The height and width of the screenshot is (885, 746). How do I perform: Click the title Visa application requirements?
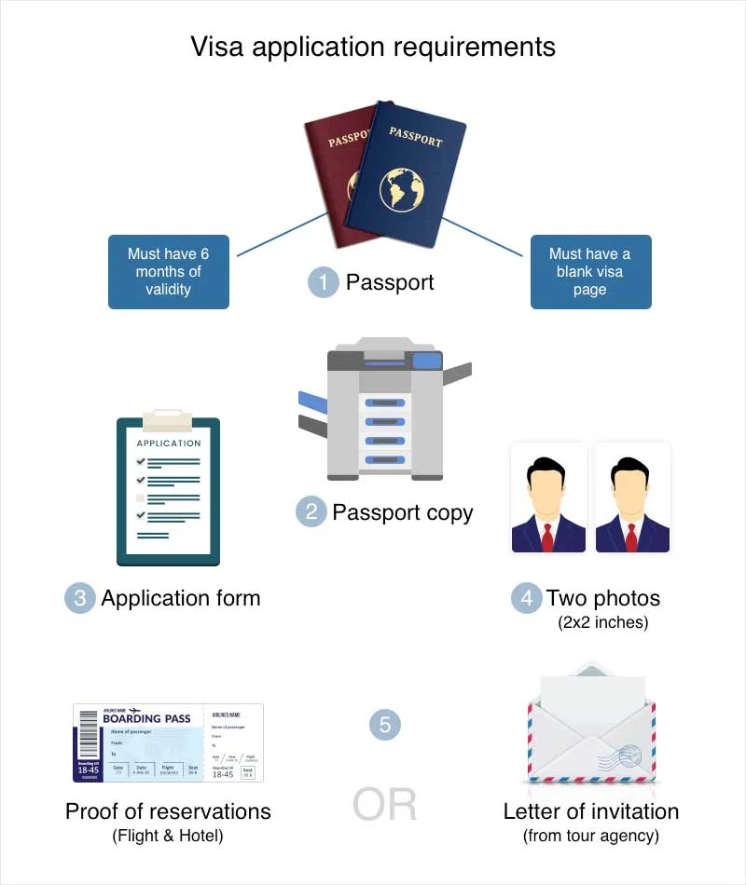point(373,47)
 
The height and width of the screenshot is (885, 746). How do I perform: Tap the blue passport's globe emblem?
point(402,188)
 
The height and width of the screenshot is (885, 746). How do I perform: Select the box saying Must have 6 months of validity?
point(169,272)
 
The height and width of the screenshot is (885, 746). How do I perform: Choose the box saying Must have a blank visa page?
point(590,272)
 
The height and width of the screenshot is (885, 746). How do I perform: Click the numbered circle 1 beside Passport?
point(323,282)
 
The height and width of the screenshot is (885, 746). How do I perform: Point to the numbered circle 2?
point(311,511)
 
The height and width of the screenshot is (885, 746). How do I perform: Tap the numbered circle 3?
point(79,598)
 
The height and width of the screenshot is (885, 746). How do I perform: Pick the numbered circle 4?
point(526,598)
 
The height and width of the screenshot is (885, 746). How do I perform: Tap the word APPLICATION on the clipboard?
point(168,443)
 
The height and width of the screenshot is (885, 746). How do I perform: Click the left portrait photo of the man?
point(548,498)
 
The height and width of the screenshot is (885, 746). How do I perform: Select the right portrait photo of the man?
point(632,498)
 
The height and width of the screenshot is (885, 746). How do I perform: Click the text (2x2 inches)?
point(602,622)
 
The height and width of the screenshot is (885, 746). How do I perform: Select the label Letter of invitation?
point(591,811)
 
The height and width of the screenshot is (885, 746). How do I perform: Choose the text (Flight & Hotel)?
point(168,836)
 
